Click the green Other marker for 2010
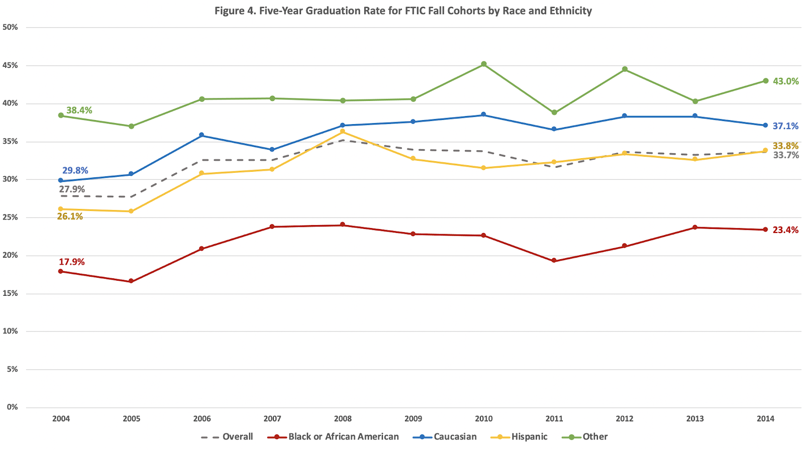[x=484, y=64]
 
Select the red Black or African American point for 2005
[x=131, y=281]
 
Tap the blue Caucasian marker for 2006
[x=202, y=135]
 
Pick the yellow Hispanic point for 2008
[x=343, y=132]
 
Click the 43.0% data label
[x=785, y=81]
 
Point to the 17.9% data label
[x=72, y=262]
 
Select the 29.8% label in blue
[x=75, y=171]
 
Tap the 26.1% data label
[x=70, y=216]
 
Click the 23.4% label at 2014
[x=785, y=230]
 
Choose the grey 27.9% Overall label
[x=72, y=189]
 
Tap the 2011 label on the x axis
[x=554, y=418]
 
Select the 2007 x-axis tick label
[x=272, y=418]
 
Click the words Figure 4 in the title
[x=234, y=11]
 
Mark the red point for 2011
[x=554, y=261]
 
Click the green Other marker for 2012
[x=625, y=69]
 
